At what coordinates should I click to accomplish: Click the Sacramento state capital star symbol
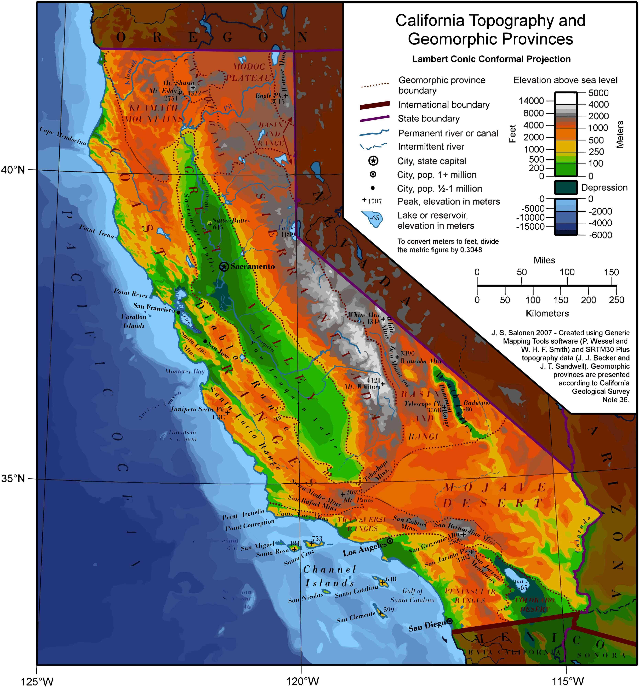coord(224,266)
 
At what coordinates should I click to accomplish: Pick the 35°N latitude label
coord(13,479)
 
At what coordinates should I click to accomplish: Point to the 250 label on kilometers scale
coord(617,300)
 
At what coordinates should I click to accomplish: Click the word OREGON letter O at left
coord(121,37)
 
